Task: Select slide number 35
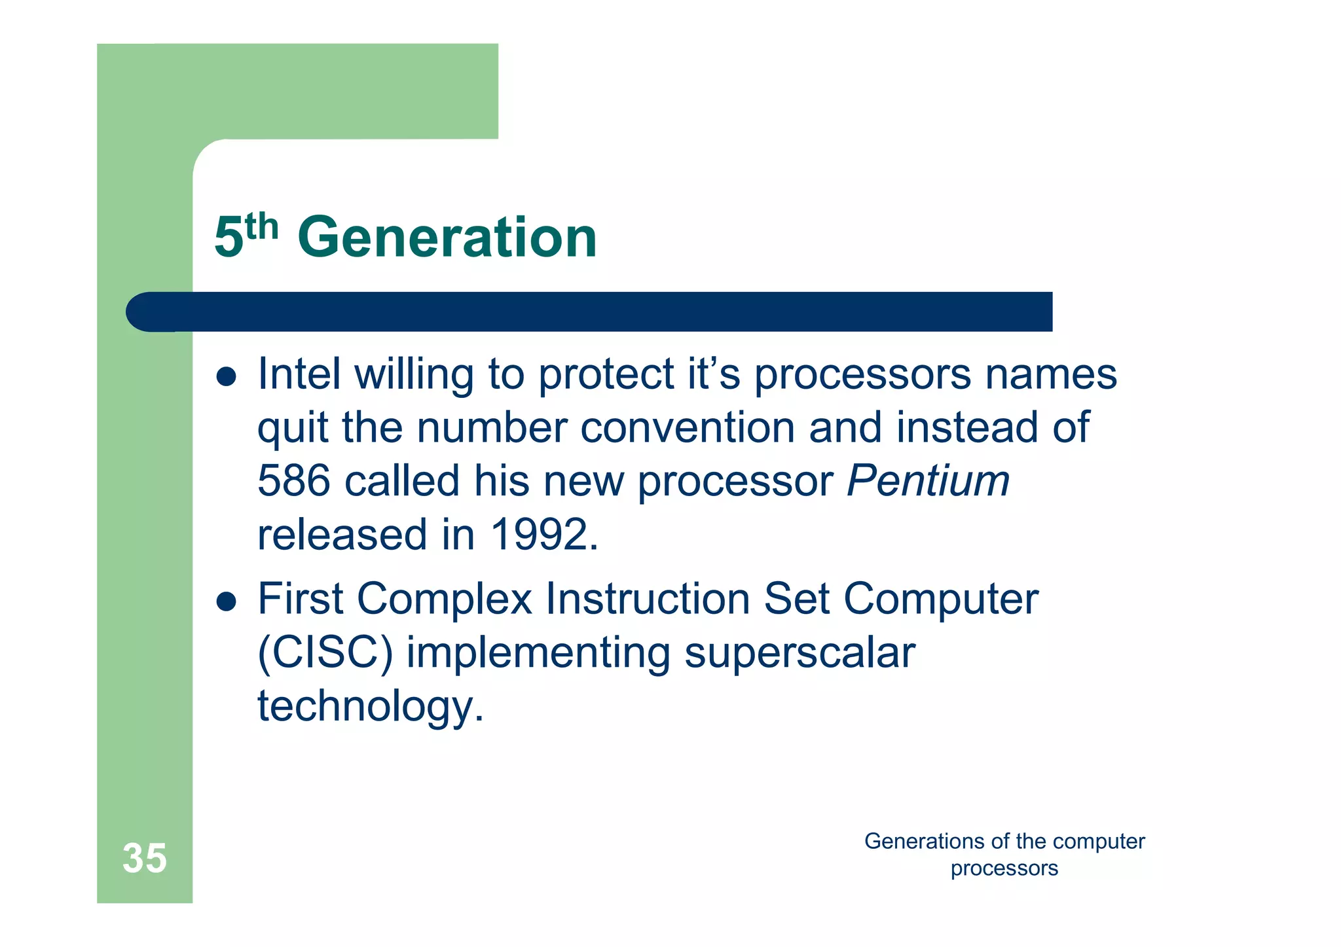(145, 858)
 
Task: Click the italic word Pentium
(928, 480)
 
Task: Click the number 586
(293, 480)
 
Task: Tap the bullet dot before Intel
(226, 378)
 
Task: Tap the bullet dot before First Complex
(226, 602)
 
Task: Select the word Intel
(299, 374)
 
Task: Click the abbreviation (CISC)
(325, 652)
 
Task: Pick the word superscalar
(799, 652)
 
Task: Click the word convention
(687, 427)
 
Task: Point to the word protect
(606, 375)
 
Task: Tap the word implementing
(538, 654)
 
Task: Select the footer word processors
(1004, 868)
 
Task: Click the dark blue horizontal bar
(589, 312)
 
